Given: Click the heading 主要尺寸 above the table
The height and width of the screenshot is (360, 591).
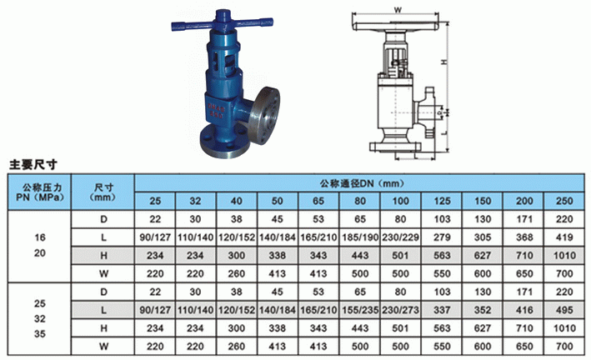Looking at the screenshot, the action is tap(33, 165).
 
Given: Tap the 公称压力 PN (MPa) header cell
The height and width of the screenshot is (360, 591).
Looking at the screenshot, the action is tap(39, 192).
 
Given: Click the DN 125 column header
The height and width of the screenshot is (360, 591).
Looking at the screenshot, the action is tap(442, 201).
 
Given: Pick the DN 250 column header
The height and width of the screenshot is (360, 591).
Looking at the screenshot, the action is tap(564, 201).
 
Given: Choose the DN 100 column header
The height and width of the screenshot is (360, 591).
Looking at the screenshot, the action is tap(401, 201).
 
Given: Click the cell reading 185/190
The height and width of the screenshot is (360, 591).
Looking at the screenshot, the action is tap(360, 237).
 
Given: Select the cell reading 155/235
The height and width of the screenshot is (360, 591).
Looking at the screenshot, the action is tap(360, 310).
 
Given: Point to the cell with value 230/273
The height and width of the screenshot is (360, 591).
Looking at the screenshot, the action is tap(401, 310).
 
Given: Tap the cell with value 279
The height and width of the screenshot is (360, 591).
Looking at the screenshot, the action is tap(442, 237).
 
